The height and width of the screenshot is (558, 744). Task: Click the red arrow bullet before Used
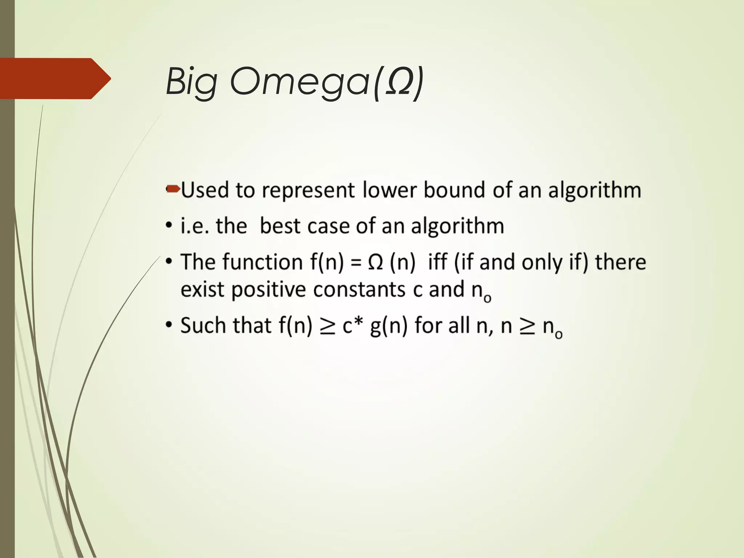(x=173, y=189)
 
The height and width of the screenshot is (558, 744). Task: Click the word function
(x=262, y=262)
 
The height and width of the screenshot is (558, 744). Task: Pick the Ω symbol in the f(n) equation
(x=375, y=262)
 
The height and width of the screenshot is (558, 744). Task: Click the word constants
(x=359, y=290)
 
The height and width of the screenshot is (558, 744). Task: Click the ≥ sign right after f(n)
(x=327, y=325)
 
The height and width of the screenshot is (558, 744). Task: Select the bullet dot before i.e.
(x=169, y=226)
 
